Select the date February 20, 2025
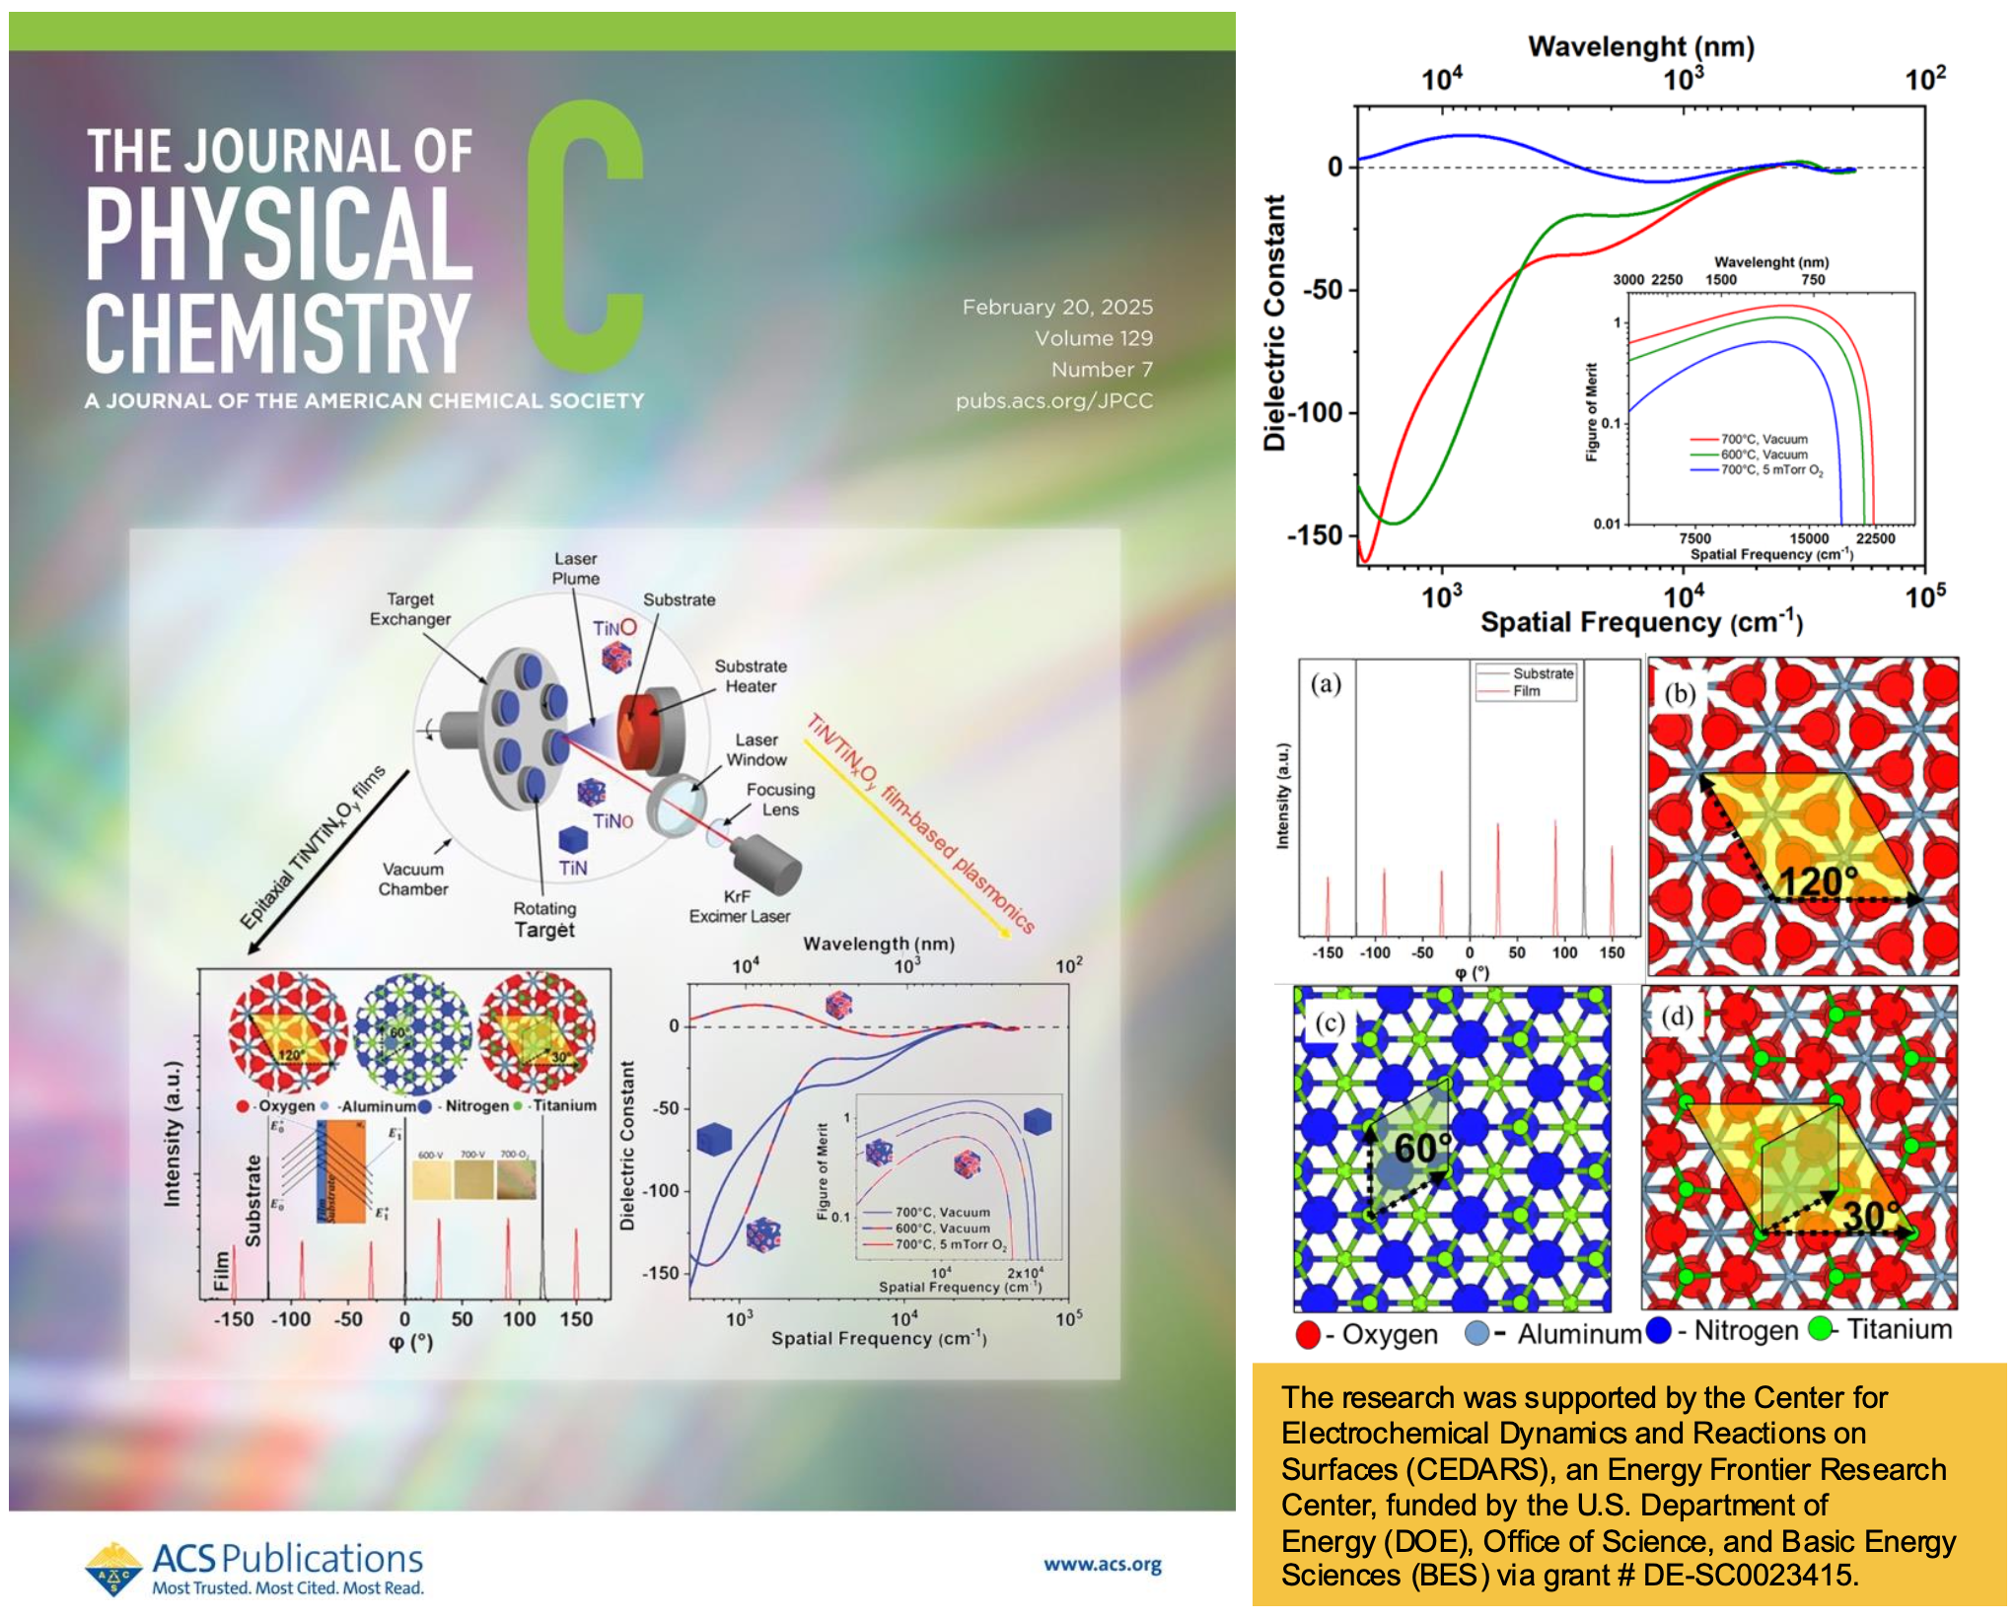[x=1057, y=307]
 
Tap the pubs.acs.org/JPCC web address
[x=1053, y=400]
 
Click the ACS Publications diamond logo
[x=113, y=1568]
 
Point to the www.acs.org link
[x=1102, y=1565]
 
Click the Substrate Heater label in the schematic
[x=751, y=676]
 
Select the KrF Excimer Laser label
[x=739, y=906]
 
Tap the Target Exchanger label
[x=410, y=609]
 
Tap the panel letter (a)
[x=1326, y=683]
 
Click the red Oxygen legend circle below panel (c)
[x=1308, y=1335]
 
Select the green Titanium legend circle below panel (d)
[x=1821, y=1329]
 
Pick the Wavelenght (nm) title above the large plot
[x=1641, y=46]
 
